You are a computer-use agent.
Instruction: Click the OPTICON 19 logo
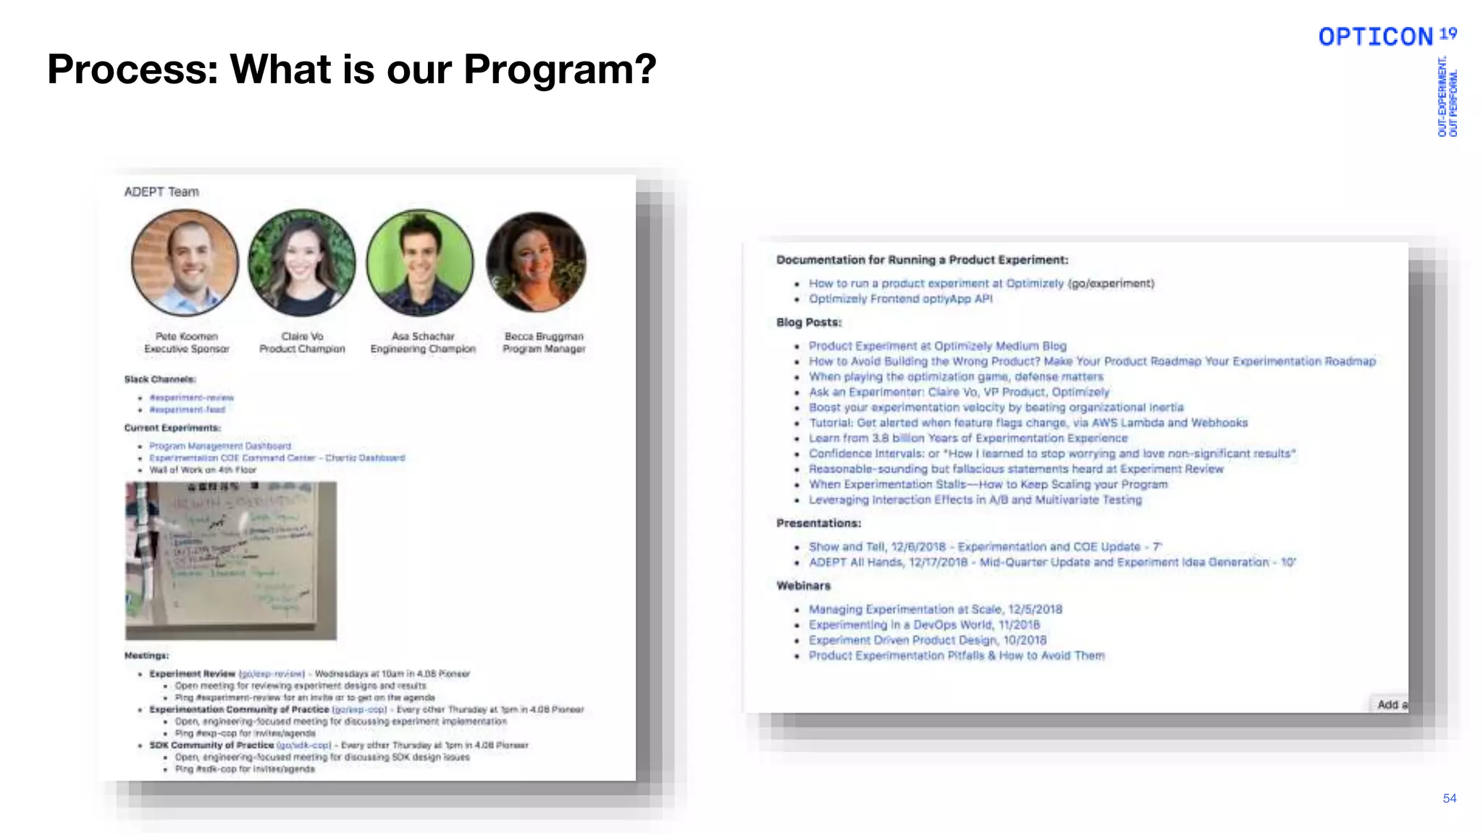tap(1387, 36)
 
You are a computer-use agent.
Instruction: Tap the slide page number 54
tap(1449, 798)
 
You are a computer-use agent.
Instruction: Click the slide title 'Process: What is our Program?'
tap(351, 69)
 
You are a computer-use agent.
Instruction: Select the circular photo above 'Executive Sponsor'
tap(185, 262)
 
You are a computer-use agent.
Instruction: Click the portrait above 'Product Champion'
tap(302, 262)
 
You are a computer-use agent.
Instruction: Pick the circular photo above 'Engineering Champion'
tap(420, 262)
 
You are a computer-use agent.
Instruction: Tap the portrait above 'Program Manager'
tap(537, 262)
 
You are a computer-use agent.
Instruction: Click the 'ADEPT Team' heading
tap(161, 192)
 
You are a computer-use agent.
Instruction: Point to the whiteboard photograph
tap(231, 560)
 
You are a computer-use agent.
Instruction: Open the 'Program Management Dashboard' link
tap(220, 446)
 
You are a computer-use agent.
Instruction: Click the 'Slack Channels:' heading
tap(159, 379)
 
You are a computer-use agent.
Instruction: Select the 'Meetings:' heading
tap(146, 655)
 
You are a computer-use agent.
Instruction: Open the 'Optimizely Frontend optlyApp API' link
tap(900, 299)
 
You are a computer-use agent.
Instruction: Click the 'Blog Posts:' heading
tap(809, 322)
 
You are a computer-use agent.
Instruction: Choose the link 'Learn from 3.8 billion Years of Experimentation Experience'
tap(968, 438)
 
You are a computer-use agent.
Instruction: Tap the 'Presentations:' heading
tap(818, 523)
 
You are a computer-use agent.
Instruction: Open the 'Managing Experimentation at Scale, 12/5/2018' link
tap(936, 610)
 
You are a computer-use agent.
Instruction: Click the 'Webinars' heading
tap(803, 586)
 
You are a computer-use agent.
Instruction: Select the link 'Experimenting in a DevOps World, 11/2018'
tap(924, 625)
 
